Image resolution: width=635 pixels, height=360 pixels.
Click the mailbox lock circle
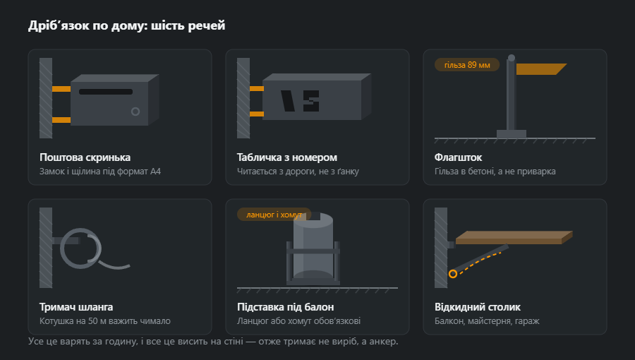pyautogui.click(x=135, y=112)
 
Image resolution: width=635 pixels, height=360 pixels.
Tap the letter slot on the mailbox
pyautogui.click(x=106, y=92)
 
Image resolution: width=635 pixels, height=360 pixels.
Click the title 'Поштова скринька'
pyautogui.click(x=85, y=157)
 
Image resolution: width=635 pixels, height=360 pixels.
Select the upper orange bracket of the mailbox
pyautogui.click(x=61, y=89)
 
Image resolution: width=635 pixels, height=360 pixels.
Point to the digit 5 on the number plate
pyautogui.click(x=311, y=101)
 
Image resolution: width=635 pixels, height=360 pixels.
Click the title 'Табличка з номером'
pyautogui.click(x=286, y=157)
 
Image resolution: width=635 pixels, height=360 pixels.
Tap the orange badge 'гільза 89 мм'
pyautogui.click(x=467, y=65)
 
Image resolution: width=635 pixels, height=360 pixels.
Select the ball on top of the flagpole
pyautogui.click(x=512, y=58)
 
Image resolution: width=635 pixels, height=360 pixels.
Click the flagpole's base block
pyautogui.click(x=512, y=134)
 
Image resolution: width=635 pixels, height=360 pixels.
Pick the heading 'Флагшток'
pyautogui.click(x=458, y=157)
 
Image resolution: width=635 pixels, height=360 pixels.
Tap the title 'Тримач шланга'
pyautogui.click(x=76, y=307)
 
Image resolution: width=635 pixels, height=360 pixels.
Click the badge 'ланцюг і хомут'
pyautogui.click(x=274, y=214)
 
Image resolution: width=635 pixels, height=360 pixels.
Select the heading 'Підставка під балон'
pyautogui.click(x=286, y=307)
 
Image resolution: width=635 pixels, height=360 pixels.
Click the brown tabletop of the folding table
pyautogui.click(x=514, y=238)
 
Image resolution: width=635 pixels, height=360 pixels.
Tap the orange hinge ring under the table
pyautogui.click(x=453, y=274)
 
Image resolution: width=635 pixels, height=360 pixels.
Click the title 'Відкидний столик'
pyautogui.click(x=478, y=307)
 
